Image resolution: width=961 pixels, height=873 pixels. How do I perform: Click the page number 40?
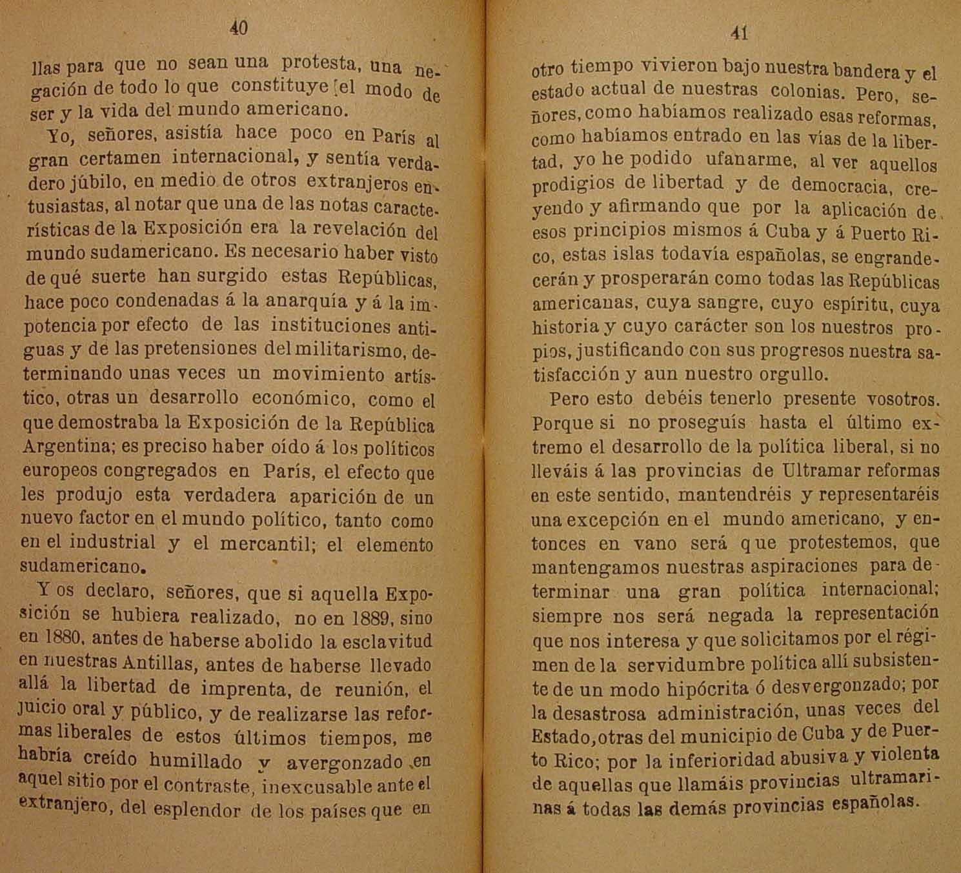click(238, 28)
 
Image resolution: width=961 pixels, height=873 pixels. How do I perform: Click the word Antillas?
click(157, 663)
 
